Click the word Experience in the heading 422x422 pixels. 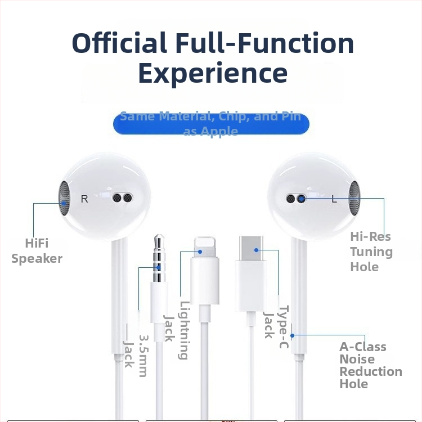[213, 73]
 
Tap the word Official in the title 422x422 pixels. [119, 43]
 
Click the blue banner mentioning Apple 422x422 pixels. [211, 124]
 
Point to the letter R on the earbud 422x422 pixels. [84, 199]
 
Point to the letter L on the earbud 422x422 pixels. [334, 199]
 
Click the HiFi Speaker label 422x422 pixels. [37, 251]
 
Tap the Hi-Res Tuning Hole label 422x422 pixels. [370, 252]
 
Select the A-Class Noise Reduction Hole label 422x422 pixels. [370, 365]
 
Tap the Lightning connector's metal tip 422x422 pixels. [204, 246]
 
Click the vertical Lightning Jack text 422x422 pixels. [176, 330]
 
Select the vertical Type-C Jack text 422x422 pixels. [276, 326]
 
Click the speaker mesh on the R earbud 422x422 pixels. [65, 198]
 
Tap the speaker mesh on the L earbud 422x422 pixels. [354, 198]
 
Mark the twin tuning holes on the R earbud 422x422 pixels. [122, 198]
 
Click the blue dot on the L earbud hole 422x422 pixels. [301, 198]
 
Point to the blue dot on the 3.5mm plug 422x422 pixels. [158, 268]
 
